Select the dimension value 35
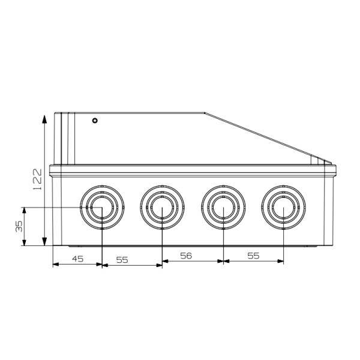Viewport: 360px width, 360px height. click(x=19, y=226)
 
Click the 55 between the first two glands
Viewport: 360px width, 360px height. click(x=122, y=259)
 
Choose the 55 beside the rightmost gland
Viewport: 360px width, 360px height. click(x=253, y=255)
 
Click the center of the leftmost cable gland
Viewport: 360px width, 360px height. click(x=101, y=209)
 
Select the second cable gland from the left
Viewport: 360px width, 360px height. click(x=162, y=209)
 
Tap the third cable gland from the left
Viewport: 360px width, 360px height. click(x=223, y=209)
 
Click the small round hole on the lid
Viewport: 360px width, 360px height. click(x=94, y=121)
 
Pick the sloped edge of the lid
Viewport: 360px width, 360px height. click(x=258, y=136)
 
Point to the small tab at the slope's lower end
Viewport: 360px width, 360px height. click(x=318, y=159)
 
